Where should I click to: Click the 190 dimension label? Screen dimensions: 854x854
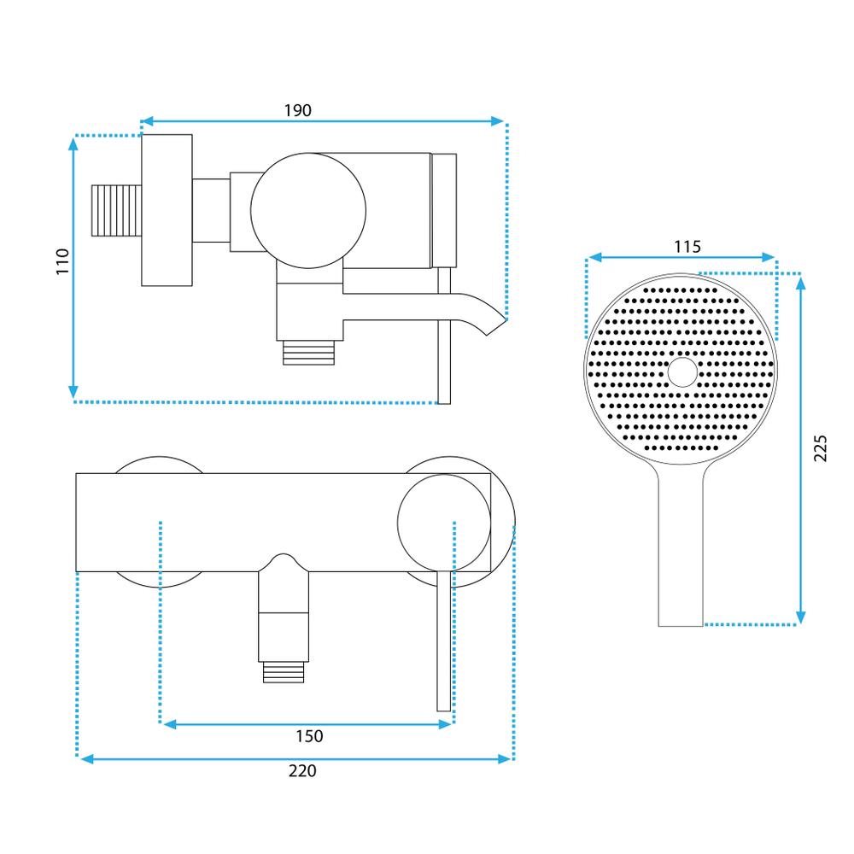[x=297, y=111]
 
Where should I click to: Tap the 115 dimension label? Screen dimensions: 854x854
[x=687, y=247]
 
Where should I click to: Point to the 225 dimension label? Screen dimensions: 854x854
[x=821, y=447]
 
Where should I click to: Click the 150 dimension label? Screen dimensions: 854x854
[x=309, y=736]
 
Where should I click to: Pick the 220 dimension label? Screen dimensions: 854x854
[x=301, y=770]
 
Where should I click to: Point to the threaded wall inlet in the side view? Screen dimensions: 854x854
[x=115, y=209]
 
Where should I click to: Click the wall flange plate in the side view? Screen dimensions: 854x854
[x=167, y=210]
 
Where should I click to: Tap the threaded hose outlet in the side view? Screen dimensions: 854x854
[x=308, y=352]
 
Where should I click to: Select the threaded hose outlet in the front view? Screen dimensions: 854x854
[x=283, y=672]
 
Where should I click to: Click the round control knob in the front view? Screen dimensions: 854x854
[x=444, y=522]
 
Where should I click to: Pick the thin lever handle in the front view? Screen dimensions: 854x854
[x=443, y=649]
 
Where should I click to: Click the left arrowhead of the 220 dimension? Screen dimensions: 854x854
[x=86, y=757]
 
